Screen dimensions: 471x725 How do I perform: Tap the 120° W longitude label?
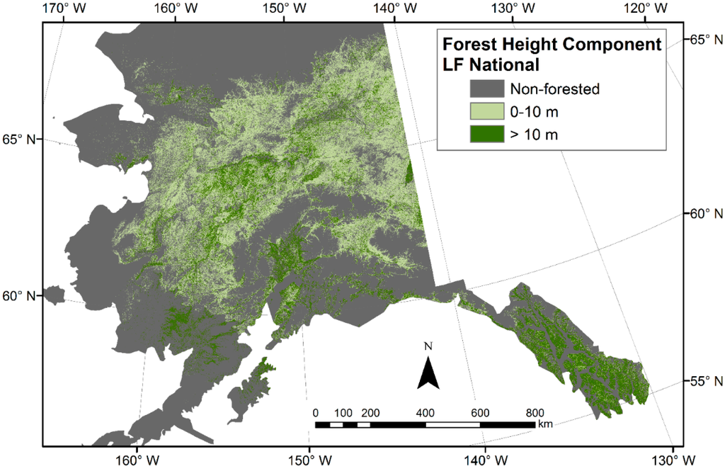(646, 9)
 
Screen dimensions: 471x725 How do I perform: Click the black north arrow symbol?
(428, 374)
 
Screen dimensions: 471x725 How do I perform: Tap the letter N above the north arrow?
(428, 347)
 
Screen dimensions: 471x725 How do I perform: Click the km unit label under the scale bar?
(544, 426)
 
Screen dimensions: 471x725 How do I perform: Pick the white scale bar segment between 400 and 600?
(452, 424)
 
